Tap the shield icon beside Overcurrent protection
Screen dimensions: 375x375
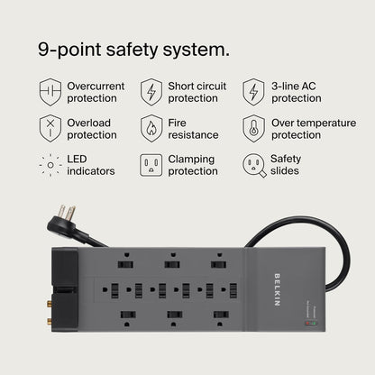coord(50,91)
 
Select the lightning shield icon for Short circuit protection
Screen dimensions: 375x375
coord(151,91)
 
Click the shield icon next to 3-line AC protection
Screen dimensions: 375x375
coord(253,91)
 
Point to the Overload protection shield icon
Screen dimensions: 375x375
coord(50,128)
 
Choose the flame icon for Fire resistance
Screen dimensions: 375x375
coord(151,128)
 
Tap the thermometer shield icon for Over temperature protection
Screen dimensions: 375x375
coord(253,128)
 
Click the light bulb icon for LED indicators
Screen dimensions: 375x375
coord(50,165)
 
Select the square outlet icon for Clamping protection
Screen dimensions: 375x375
coord(151,165)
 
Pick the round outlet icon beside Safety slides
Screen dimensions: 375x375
coord(253,165)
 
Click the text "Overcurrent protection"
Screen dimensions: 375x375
coord(96,92)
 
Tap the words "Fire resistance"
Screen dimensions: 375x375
coord(193,128)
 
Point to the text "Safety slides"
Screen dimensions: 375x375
coord(286,165)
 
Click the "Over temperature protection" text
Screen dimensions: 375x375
coord(308,128)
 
